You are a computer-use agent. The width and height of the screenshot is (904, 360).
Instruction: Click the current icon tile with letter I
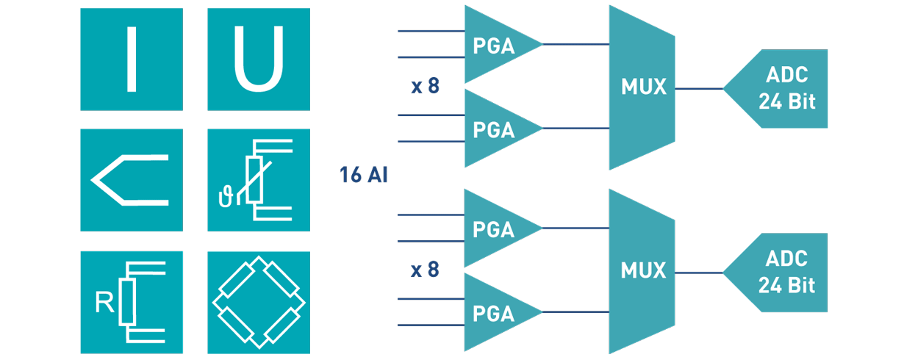click(132, 60)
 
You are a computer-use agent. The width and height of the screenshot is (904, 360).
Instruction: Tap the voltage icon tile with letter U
click(259, 60)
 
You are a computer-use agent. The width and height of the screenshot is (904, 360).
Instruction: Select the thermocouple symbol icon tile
click(132, 180)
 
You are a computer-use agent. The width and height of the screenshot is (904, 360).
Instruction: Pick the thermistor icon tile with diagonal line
click(259, 180)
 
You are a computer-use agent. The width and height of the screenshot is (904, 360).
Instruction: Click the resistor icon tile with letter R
click(132, 302)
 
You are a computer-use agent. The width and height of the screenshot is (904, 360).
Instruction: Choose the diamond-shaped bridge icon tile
click(259, 302)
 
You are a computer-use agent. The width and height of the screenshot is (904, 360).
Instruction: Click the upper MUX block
click(642, 87)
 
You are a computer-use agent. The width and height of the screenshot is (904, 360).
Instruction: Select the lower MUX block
click(642, 271)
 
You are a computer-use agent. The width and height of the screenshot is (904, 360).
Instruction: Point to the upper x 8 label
click(425, 86)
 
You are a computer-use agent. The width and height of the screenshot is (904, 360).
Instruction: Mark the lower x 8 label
click(425, 270)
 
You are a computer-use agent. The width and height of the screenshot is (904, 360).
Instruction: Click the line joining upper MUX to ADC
click(699, 89)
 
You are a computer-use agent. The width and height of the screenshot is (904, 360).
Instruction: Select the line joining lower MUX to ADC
click(699, 273)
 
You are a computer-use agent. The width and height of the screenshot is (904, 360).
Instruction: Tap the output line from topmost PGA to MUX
click(575, 44)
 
